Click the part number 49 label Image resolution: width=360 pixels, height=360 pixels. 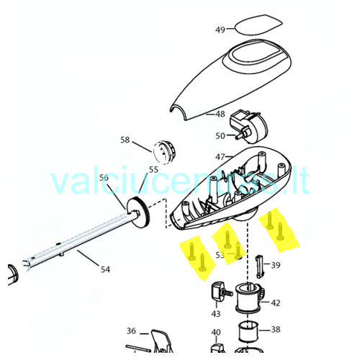[220, 30]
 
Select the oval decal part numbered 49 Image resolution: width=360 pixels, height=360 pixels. [258, 25]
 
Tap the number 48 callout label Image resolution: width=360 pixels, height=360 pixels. [220, 114]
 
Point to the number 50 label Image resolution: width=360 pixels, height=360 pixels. [220, 136]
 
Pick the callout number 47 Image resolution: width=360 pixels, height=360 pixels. [220, 157]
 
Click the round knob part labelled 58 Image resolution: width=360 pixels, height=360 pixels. [164, 152]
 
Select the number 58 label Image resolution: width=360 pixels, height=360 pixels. [125, 140]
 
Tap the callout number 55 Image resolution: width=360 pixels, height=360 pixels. [153, 170]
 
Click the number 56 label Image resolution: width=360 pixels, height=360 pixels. [104, 178]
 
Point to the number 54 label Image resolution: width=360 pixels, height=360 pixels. [105, 269]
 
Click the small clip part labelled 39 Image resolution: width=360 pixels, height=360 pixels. [260, 266]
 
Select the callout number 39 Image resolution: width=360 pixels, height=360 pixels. [276, 265]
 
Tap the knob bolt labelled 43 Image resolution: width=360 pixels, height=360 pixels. [221, 291]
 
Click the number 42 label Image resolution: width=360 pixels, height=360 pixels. [276, 303]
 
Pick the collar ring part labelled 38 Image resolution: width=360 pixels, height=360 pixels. [248, 331]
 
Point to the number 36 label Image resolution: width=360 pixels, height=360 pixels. [131, 331]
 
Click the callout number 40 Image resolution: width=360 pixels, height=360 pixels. [216, 333]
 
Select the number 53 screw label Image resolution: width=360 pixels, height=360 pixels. [220, 255]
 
